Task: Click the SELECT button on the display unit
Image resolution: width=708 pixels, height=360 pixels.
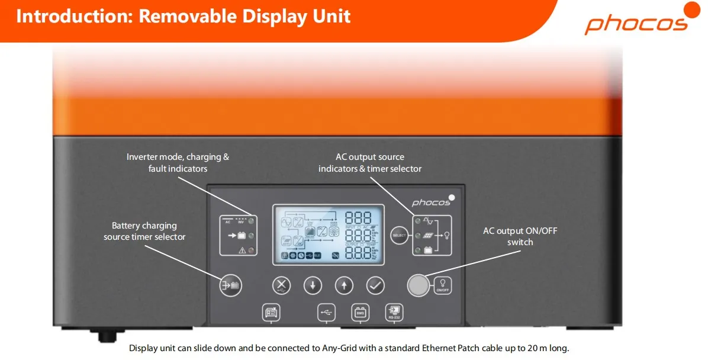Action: click(x=400, y=236)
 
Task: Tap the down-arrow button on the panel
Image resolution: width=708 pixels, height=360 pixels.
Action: click(x=313, y=285)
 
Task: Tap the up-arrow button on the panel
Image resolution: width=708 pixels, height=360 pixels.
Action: click(x=344, y=285)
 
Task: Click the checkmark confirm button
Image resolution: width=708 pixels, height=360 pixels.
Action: click(x=375, y=285)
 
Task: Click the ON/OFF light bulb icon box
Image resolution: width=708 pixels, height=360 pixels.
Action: click(x=442, y=285)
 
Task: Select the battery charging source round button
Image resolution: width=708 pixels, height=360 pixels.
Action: click(x=230, y=285)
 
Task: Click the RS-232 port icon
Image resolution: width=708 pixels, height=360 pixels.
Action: click(x=393, y=312)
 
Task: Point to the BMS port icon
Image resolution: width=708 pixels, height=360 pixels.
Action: click(x=359, y=312)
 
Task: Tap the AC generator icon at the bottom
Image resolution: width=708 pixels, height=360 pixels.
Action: click(x=271, y=312)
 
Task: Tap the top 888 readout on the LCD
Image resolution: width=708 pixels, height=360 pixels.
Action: click(x=358, y=218)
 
